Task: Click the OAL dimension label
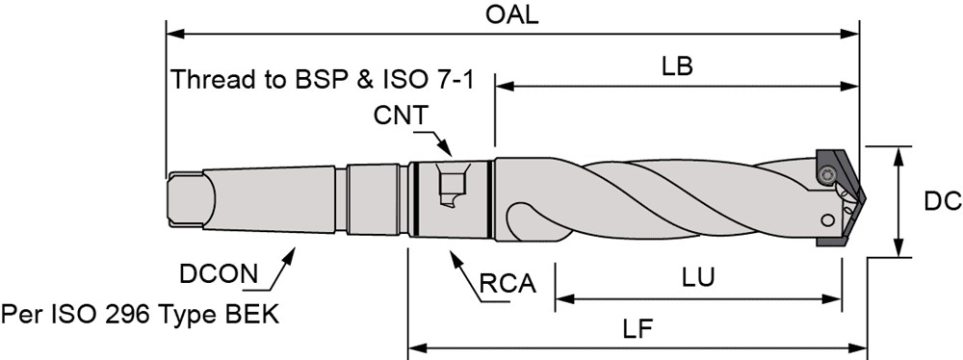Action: (511, 14)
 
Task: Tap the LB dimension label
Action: (677, 66)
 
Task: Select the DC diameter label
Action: (943, 201)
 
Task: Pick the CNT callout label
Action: (401, 115)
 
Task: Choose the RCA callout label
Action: (508, 284)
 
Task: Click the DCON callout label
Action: (219, 274)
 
